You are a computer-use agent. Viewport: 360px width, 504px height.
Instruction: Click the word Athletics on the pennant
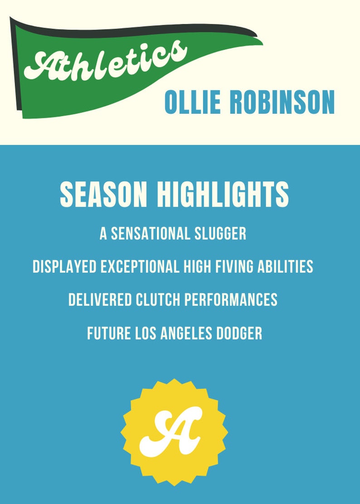(x=106, y=60)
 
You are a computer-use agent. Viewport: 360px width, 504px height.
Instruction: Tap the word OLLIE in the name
(x=193, y=102)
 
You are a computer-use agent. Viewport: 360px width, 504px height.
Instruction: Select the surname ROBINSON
(x=282, y=102)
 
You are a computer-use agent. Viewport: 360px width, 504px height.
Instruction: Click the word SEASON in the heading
(x=103, y=194)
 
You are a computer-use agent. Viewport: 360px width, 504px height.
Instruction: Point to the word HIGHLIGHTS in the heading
(x=223, y=194)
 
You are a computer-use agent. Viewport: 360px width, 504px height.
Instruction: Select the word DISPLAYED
(x=64, y=267)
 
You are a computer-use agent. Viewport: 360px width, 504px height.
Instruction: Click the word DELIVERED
(x=100, y=300)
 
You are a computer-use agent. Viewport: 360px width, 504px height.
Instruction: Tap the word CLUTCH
(x=158, y=300)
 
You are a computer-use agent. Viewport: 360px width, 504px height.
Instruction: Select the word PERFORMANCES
(x=231, y=300)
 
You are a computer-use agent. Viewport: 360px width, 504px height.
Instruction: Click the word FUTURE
(x=109, y=333)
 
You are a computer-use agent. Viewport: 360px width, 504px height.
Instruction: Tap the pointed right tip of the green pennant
(x=262, y=43)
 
